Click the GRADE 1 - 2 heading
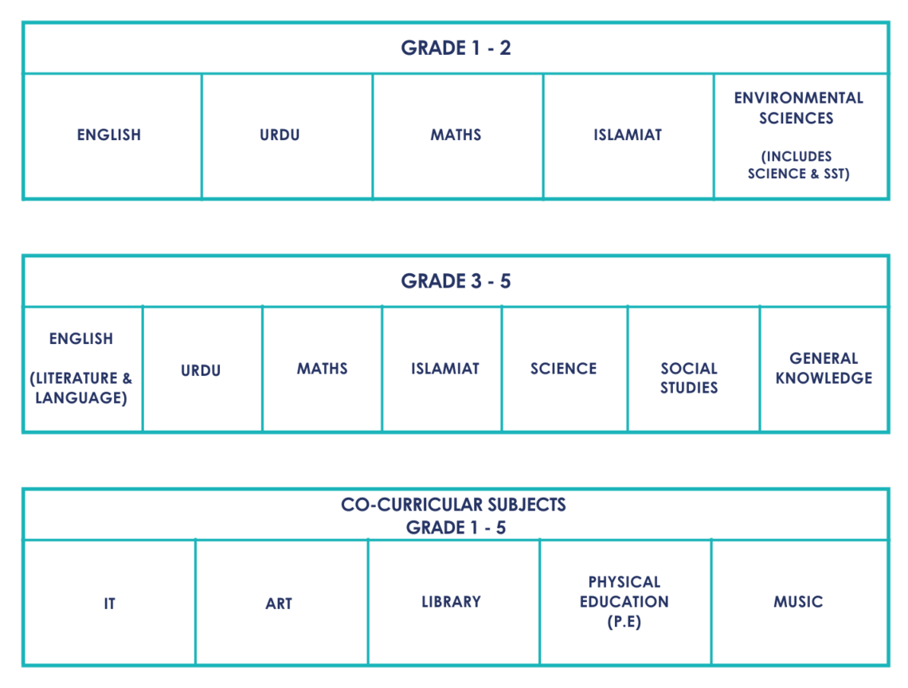click(x=456, y=48)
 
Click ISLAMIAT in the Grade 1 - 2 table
click(x=628, y=135)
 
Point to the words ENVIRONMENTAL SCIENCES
click(x=799, y=108)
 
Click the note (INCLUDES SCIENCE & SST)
click(x=799, y=165)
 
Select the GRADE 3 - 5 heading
click(x=456, y=281)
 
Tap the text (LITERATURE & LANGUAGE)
click(x=81, y=388)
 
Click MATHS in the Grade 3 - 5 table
click(x=323, y=369)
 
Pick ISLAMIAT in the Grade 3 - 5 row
click(x=445, y=369)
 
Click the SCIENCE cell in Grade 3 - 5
click(x=563, y=369)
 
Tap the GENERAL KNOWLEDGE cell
click(x=824, y=369)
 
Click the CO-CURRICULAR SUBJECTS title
click(x=453, y=505)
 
